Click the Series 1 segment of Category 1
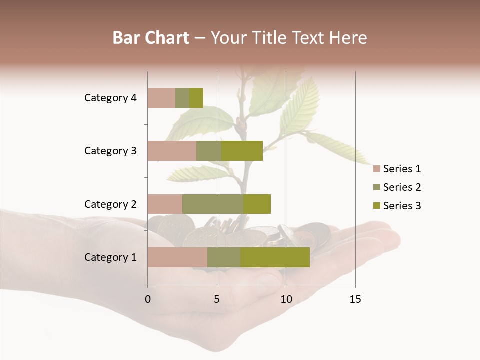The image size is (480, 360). (x=177, y=257)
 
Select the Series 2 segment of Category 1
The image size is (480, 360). (x=224, y=257)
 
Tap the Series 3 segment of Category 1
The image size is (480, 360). (x=275, y=257)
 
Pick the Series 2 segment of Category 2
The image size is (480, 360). (x=213, y=204)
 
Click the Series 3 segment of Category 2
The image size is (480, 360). (x=257, y=204)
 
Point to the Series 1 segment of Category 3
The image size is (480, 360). (x=172, y=151)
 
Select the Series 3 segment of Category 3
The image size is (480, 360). (x=242, y=151)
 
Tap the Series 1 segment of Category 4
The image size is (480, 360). (x=161, y=98)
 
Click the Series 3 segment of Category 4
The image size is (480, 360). (x=196, y=98)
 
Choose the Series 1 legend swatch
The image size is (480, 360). (x=376, y=169)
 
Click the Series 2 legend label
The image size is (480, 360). (x=402, y=187)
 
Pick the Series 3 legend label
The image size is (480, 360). (x=402, y=206)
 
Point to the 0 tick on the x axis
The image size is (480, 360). (x=148, y=299)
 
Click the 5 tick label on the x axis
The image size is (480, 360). (x=217, y=299)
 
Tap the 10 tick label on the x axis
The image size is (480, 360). (x=286, y=299)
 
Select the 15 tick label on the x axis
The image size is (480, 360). (x=355, y=299)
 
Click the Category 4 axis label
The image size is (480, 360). (x=110, y=98)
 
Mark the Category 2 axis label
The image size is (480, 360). (x=110, y=204)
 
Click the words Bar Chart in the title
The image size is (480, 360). (x=151, y=38)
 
